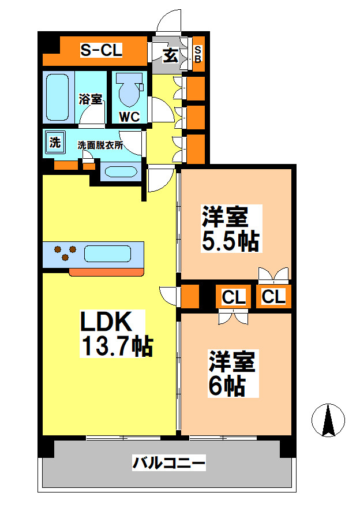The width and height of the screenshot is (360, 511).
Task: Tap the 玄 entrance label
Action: point(170,55)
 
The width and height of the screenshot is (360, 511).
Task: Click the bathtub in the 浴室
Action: point(58,96)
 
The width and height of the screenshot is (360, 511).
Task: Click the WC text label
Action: point(129,116)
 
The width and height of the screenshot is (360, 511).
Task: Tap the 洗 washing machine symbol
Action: point(54,142)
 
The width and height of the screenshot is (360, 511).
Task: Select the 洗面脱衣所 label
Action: point(100,146)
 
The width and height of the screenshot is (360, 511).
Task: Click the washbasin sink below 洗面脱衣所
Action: point(121,172)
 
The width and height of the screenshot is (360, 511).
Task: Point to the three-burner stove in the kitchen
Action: point(64,253)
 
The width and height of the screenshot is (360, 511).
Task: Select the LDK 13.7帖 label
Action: point(115,334)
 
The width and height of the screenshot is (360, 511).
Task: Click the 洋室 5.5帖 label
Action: point(229,229)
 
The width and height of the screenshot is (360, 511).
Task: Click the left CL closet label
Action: point(234,297)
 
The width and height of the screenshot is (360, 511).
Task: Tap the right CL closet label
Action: point(273,296)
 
